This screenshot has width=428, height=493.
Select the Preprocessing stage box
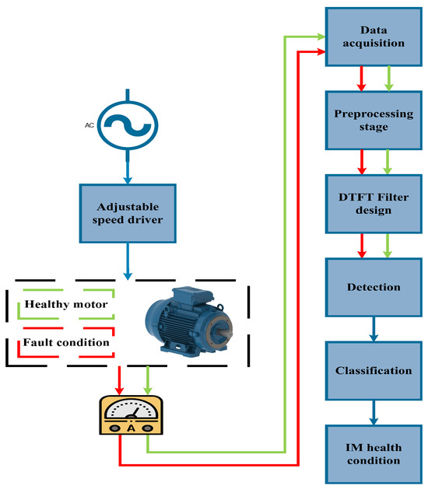373,120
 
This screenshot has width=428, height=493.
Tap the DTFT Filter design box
373,202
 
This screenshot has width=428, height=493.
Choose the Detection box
373,287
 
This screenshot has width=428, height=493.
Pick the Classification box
373,370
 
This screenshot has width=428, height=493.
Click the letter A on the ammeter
131,428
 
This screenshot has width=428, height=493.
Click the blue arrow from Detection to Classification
374,329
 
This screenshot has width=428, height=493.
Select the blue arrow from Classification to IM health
374,412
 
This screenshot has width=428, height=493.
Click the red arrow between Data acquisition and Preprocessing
360,79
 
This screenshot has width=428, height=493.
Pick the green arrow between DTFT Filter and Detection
388,245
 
